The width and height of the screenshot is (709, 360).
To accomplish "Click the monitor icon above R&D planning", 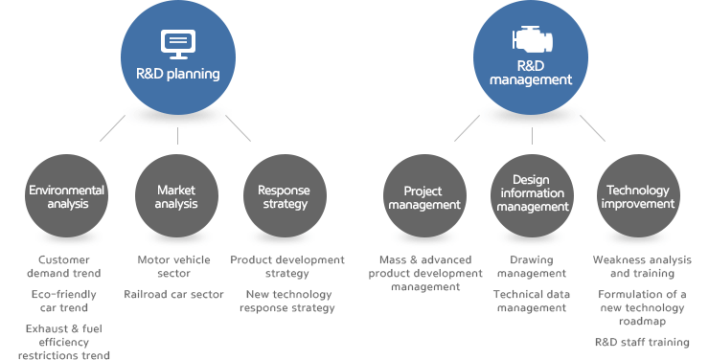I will (177, 41).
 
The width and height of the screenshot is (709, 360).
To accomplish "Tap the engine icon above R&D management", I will (531, 39).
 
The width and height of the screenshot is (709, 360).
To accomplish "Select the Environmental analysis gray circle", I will (66, 196).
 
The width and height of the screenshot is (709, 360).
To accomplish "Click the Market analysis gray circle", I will (176, 196).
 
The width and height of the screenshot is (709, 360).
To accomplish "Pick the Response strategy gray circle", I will (284, 196).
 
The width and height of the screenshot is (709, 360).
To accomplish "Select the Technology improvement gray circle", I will (639, 196).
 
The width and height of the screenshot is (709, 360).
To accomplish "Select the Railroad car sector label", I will (173, 294).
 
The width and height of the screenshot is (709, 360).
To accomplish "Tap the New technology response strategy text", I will (288, 301).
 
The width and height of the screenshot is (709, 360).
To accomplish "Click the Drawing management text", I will (531, 266).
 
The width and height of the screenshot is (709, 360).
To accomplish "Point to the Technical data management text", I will (531, 301).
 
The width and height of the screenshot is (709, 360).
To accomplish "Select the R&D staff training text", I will (641, 342).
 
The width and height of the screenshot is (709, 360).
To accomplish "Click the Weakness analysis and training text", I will (641, 266).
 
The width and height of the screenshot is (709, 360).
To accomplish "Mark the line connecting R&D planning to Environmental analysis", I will (113, 126).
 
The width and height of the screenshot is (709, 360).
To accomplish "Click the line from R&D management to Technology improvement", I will (592, 128).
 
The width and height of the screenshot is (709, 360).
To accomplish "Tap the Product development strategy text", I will (287, 266).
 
